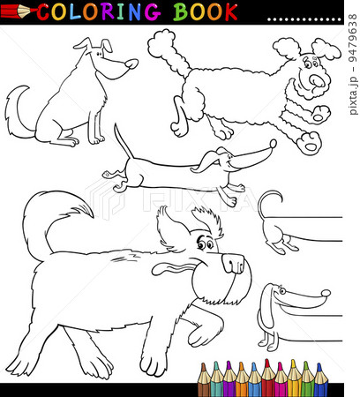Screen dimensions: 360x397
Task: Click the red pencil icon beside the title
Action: tap(19, 11)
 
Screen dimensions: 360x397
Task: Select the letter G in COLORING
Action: tap(152, 12)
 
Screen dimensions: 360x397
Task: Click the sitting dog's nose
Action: tap(131, 64)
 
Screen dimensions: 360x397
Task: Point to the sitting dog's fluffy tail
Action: tap(17, 112)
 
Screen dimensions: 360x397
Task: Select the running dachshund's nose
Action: tap(273, 144)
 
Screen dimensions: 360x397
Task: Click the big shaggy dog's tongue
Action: tap(171, 269)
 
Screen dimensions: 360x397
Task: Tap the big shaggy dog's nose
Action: tap(233, 263)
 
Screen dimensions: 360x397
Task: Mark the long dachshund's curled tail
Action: tap(266, 204)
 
